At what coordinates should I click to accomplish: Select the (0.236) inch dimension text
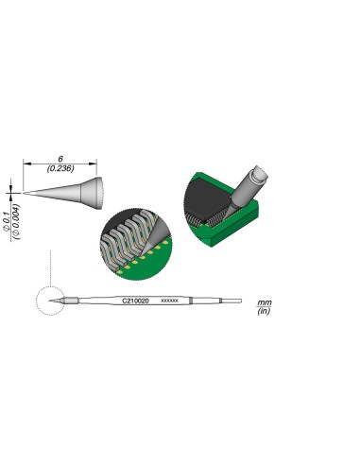pos(60,169)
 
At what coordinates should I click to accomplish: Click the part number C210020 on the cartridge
pos(136,300)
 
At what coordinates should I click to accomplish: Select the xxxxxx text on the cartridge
pos(169,300)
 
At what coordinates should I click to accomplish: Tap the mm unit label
pos(265,301)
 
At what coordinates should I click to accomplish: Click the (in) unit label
pos(265,310)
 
